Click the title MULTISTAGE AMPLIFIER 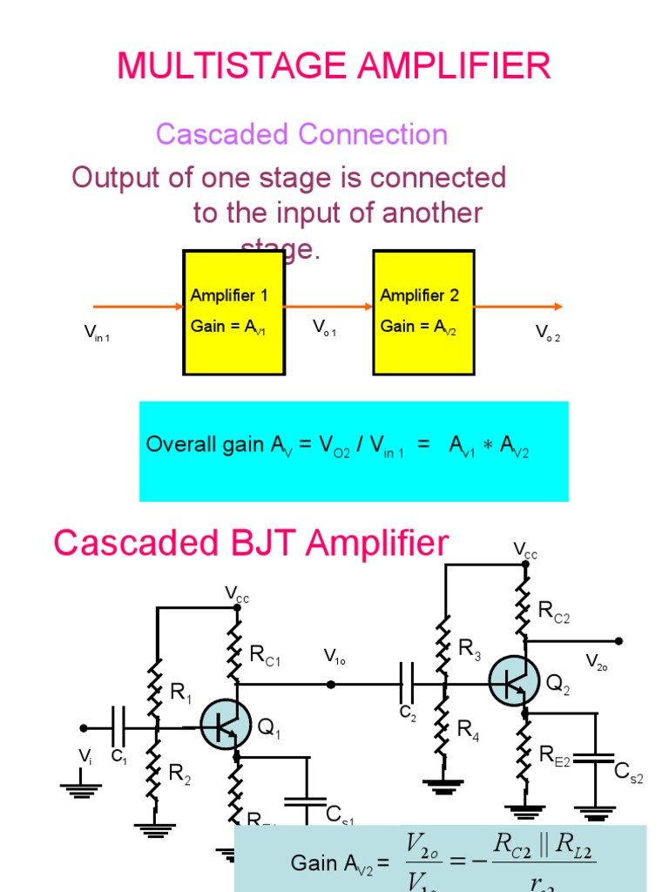(334, 66)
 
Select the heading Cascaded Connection (301, 134)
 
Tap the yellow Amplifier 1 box (233, 313)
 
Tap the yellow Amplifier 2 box (423, 313)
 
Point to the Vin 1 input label (96, 332)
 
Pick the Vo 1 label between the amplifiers (324, 328)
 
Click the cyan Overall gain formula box (354, 450)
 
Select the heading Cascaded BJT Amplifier (251, 543)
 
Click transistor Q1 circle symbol (226, 725)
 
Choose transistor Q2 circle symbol (514, 680)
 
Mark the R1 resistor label (181, 693)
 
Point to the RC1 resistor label (265, 656)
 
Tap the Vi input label (85, 755)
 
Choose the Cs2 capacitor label (629, 772)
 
